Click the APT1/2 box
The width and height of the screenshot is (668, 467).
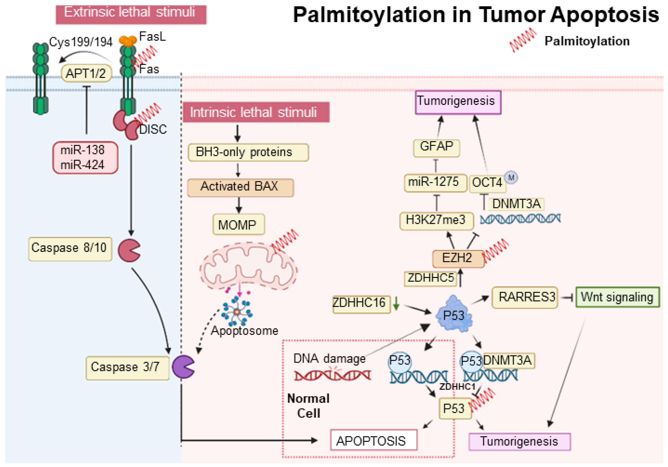[86, 73]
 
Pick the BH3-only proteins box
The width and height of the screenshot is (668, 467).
[248, 152]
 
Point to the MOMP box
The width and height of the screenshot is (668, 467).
[239, 224]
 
